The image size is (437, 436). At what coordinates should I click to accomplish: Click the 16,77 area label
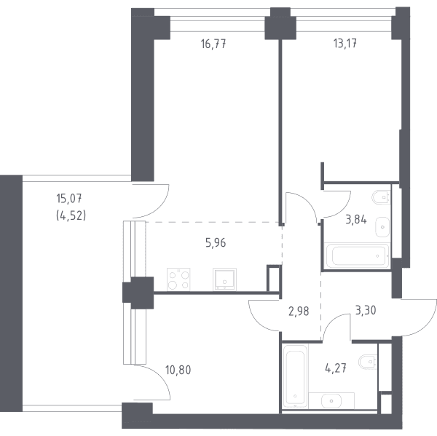pos(213,44)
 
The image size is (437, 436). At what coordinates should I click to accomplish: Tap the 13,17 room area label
pos(345,44)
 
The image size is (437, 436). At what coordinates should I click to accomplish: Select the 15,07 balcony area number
pos(69,199)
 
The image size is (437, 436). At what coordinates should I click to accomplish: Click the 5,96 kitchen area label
pos(216,243)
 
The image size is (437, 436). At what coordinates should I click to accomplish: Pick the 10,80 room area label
pos(178,370)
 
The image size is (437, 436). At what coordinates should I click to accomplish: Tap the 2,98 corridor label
pos(299,312)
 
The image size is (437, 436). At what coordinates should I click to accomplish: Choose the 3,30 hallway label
pos(366,310)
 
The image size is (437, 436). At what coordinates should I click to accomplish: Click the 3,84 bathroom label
pos(356,220)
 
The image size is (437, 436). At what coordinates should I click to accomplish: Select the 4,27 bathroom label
pos(336,368)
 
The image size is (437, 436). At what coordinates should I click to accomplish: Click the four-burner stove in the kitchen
pos(178,280)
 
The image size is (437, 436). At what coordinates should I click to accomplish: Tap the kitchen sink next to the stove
pos(224,280)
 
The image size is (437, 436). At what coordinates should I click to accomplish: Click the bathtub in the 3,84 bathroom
pos(357,255)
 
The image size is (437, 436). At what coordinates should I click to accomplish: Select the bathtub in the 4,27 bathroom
pos(295,376)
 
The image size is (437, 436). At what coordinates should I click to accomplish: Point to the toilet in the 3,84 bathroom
pos(381,197)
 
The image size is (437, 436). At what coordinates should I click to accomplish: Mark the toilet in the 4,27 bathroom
pos(368,362)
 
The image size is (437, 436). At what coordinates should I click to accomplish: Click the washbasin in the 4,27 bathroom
pos(331,400)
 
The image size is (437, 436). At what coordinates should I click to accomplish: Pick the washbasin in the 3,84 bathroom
pos(382,227)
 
